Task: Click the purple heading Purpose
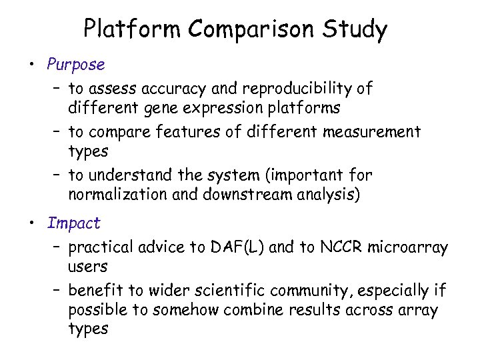click(x=76, y=65)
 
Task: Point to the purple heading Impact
click(x=73, y=223)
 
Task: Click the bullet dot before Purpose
click(x=31, y=65)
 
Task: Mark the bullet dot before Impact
click(x=31, y=223)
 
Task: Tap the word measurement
click(x=372, y=132)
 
